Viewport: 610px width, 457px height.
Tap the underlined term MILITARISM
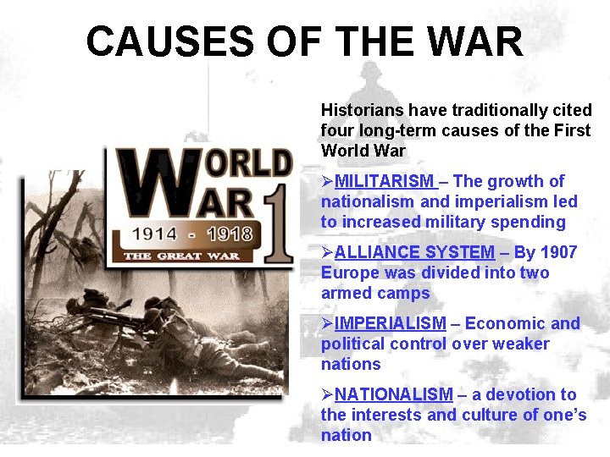pyautogui.click(x=384, y=181)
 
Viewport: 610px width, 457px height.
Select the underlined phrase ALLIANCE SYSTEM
pyautogui.click(x=414, y=252)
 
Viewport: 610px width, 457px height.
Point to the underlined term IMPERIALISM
pyautogui.click(x=390, y=323)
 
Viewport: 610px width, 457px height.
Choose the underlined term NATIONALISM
pyautogui.click(x=394, y=394)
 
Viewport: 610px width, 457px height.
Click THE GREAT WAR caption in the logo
pyautogui.click(x=182, y=255)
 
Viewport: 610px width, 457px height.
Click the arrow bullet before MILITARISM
pyautogui.click(x=327, y=181)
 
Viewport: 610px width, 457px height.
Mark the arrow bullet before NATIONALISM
pyautogui.click(x=327, y=394)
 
